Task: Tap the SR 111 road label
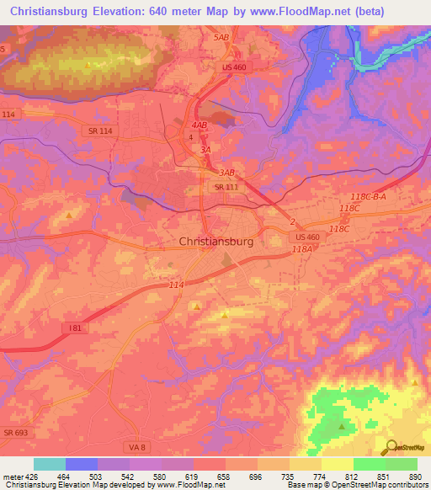point(227,187)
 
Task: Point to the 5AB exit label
point(222,38)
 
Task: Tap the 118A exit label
point(303,249)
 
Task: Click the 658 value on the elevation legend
point(224,476)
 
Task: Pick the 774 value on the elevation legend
point(319,476)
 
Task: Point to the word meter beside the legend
point(12,476)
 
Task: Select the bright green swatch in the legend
point(369,464)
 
